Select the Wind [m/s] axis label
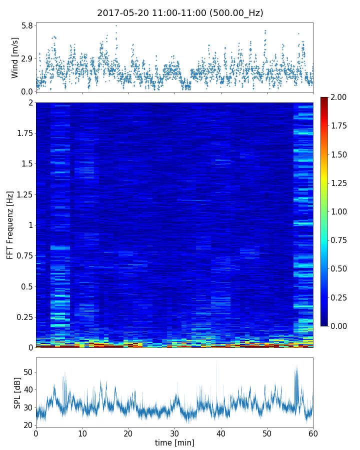coord(15,57)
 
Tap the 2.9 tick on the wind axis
coord(27,58)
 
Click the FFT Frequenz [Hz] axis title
coord(10,225)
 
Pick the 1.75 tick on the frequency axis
coord(23,133)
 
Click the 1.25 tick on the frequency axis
coord(23,194)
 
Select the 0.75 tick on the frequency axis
coord(23,256)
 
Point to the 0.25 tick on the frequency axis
coord(23,317)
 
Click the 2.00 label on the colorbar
coord(340,97)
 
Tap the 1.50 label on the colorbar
coord(340,154)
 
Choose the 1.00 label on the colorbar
coord(340,211)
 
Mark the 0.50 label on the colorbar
coord(340,269)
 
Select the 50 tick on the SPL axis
coord(27,372)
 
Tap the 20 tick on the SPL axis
coord(27,425)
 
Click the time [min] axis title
coord(174,442)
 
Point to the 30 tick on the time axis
coord(174,433)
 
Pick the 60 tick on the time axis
coord(313,433)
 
